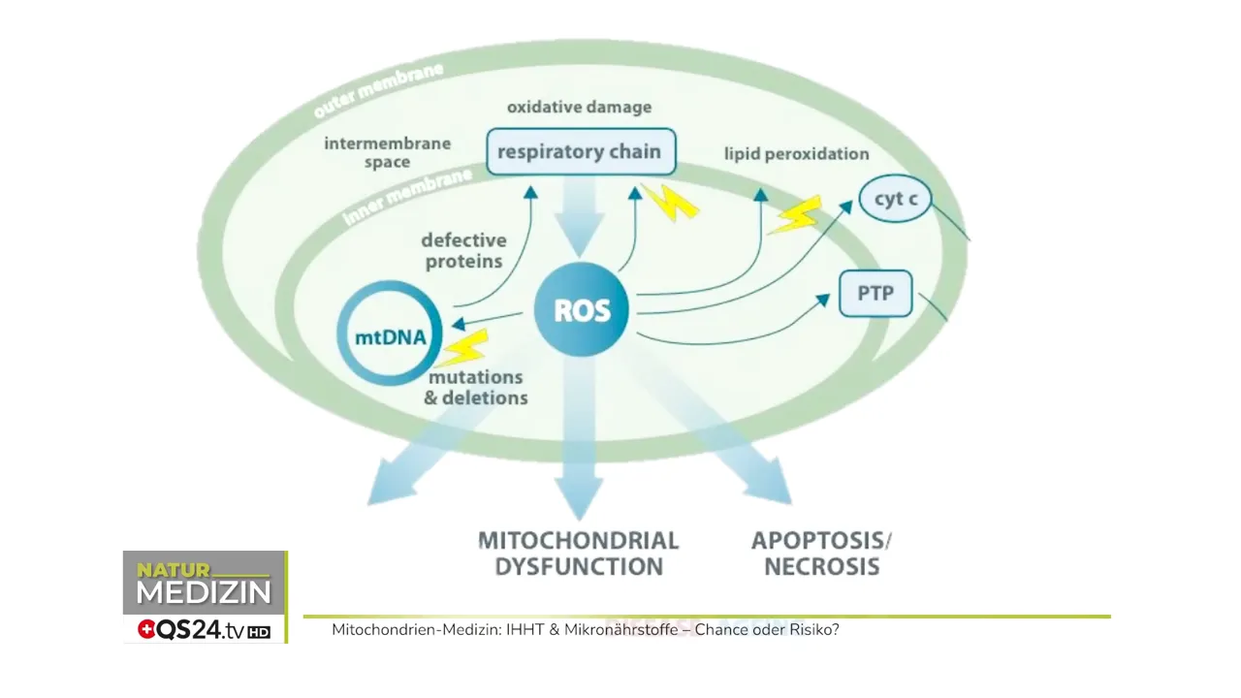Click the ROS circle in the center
[x=582, y=310]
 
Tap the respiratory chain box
[x=580, y=152]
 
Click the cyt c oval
[x=895, y=199]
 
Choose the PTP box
[x=875, y=293]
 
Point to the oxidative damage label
[x=579, y=107]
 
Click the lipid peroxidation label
[x=796, y=154]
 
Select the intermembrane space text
[x=387, y=152]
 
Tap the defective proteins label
[x=462, y=250]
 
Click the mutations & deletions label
[x=476, y=387]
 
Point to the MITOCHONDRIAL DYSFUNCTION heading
[x=579, y=554]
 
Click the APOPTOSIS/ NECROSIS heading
[x=821, y=554]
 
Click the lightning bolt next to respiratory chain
[x=669, y=201]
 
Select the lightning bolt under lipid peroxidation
[x=795, y=215]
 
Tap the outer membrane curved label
[x=378, y=90]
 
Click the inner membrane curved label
[x=407, y=197]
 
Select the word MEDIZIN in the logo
[x=204, y=592]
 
